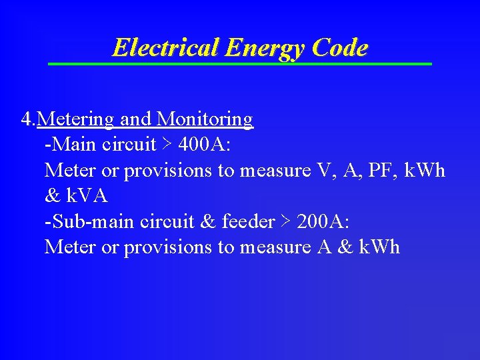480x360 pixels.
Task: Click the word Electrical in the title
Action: pos(166,48)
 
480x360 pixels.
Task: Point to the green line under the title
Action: pos(240,63)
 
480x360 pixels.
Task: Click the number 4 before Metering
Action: pos(26,119)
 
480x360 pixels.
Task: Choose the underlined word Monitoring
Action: pos(205,119)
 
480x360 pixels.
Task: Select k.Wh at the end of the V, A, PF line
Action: pos(423,171)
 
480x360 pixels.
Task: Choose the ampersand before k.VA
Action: pos(51,196)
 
